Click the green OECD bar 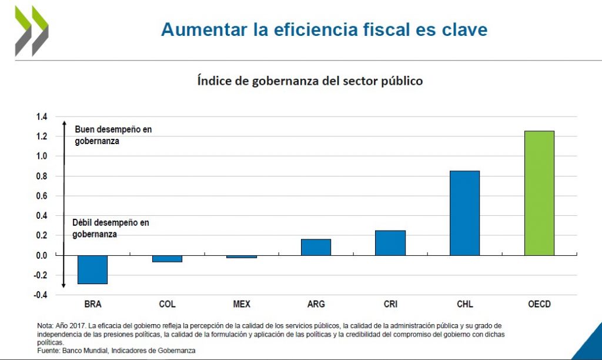click(539, 193)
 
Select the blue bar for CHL click(464, 213)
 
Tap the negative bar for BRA click(92, 269)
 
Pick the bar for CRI click(390, 242)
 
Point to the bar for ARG click(316, 247)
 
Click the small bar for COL click(167, 258)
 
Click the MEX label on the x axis click(242, 304)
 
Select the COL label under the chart click(167, 304)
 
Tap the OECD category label click(539, 304)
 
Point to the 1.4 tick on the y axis click(41, 116)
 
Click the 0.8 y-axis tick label click(41, 176)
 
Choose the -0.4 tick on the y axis click(39, 295)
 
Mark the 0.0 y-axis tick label click(41, 255)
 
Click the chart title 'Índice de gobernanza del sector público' click(310, 81)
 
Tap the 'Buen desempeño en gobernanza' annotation click(113, 135)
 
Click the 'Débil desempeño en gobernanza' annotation click(111, 228)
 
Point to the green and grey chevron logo click(32, 31)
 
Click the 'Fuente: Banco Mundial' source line click(116, 350)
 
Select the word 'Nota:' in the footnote click(45, 325)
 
